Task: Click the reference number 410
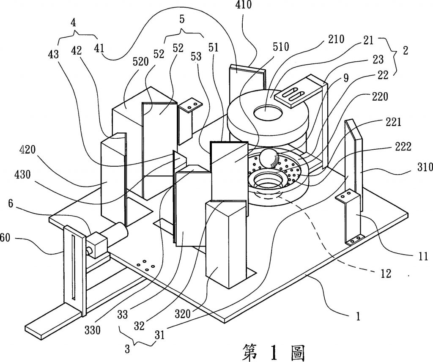(x=244, y=5)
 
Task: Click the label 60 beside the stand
(x=5, y=238)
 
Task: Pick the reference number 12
(x=386, y=274)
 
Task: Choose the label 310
(x=425, y=167)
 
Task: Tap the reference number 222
(x=403, y=147)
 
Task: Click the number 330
(x=92, y=330)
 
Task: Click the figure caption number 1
(x=274, y=352)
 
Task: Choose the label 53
(x=196, y=56)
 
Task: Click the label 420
(x=27, y=150)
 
